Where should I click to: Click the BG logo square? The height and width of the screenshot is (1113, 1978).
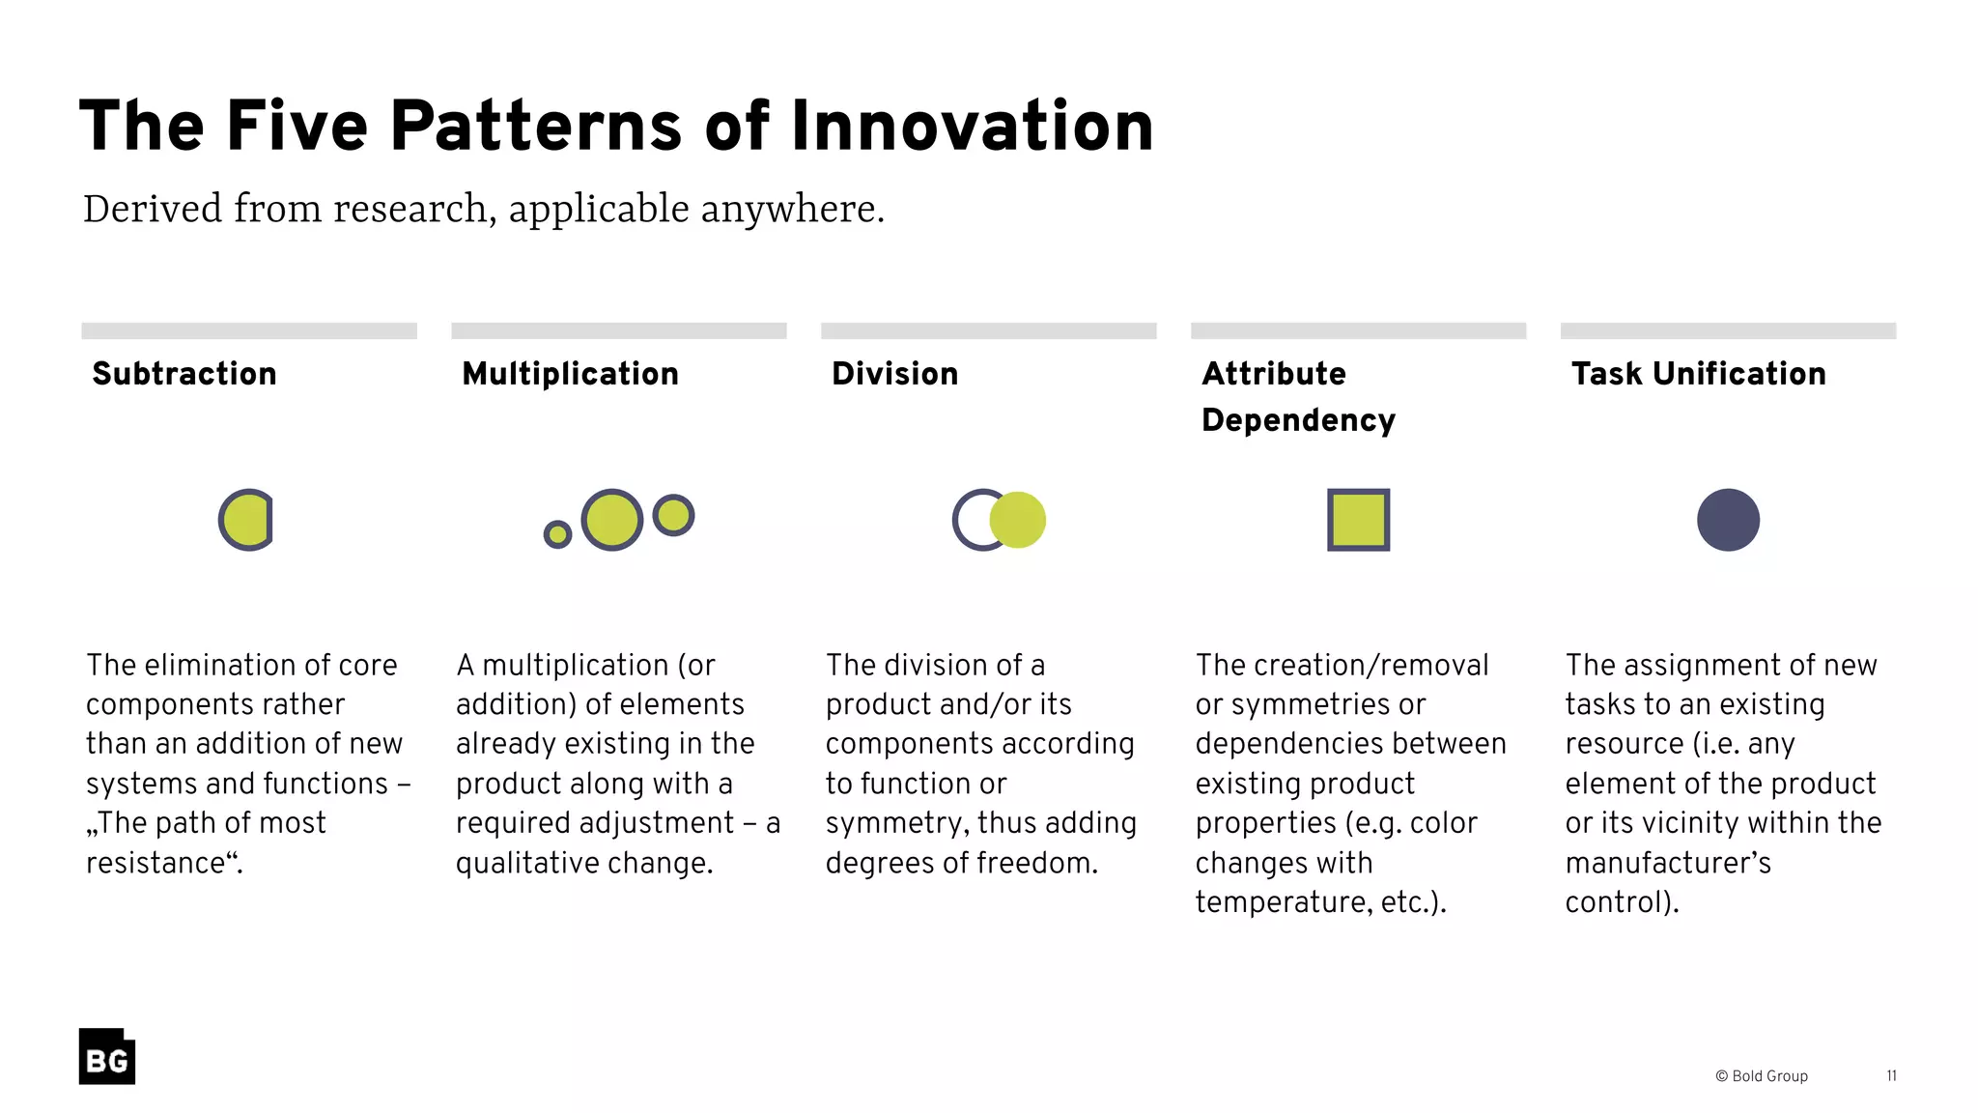[x=106, y=1056]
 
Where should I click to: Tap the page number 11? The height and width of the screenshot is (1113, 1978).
[x=1891, y=1076]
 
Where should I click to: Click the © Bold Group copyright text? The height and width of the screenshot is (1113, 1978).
[x=1761, y=1076]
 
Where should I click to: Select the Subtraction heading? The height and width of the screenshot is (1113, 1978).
[x=184, y=374]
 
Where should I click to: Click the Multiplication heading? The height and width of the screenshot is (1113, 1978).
[x=570, y=374]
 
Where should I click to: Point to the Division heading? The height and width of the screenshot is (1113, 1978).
[x=894, y=374]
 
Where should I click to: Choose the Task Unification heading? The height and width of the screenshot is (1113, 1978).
[x=1698, y=374]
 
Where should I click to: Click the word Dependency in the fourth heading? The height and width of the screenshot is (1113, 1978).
[x=1298, y=420]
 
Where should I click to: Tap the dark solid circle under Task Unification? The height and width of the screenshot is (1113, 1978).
[x=1728, y=520]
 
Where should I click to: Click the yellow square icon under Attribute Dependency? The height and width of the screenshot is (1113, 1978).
[x=1358, y=520]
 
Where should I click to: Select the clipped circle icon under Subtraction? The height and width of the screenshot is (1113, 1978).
[x=246, y=520]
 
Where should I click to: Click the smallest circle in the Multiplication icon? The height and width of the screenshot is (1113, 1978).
[x=557, y=533]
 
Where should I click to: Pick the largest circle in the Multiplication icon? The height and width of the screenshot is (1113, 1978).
[x=612, y=520]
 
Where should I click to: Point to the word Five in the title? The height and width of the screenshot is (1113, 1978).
[x=297, y=127]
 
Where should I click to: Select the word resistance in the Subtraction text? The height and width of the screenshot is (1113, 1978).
[x=160, y=863]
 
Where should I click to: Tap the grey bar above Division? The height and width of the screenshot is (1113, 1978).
[x=988, y=330]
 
